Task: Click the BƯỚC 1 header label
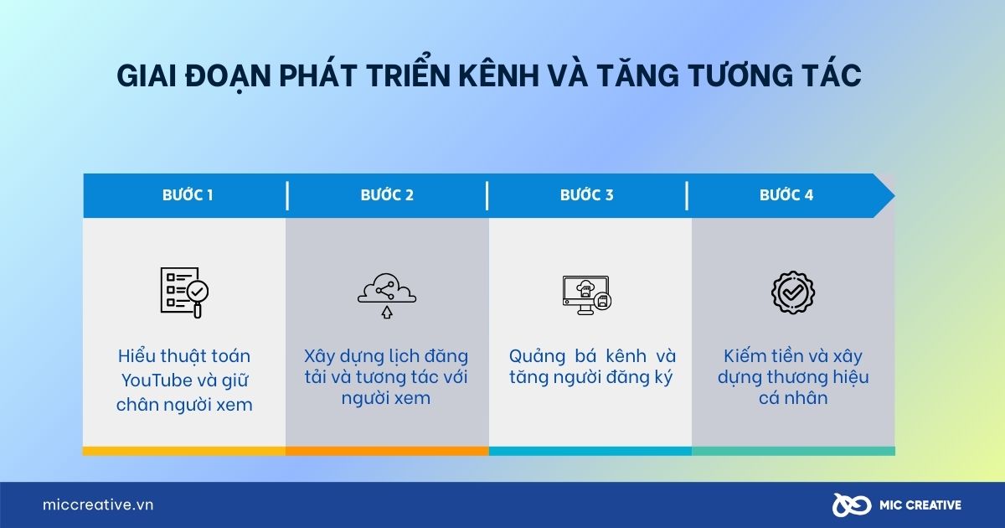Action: pos(188,195)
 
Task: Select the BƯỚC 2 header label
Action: pos(387,195)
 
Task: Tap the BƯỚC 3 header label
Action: pos(586,195)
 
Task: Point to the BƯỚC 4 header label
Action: pos(786,195)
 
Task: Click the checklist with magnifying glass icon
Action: pos(184,292)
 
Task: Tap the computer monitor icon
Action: pos(586,294)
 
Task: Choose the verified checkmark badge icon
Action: pos(792,292)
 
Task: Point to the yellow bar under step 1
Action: pos(184,451)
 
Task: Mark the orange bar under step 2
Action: pos(387,451)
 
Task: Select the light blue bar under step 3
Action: pos(590,451)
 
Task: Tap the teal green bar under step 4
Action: pos(793,451)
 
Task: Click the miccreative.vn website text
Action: pos(98,505)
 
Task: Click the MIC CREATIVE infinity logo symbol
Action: pos(848,505)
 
